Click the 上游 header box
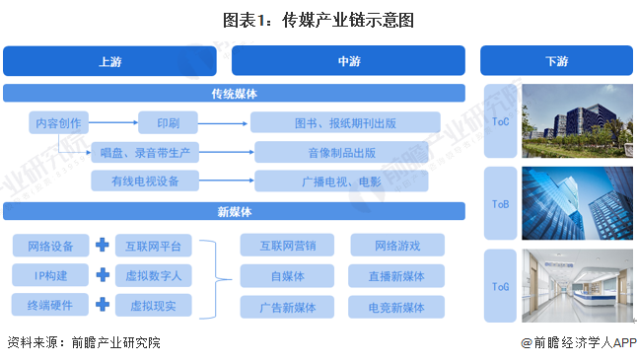(110, 61)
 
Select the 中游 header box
(348, 61)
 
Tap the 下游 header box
(555, 61)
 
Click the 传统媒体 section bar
(234, 94)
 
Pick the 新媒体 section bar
(234, 211)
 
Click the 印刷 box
(166, 123)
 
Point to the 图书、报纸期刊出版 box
(345, 123)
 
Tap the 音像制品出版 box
(345, 152)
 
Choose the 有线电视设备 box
(146, 181)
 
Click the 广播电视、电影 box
(345, 181)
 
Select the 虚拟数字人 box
(154, 275)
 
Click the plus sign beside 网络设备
(101, 245)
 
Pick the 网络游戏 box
(396, 245)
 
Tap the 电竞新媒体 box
(396, 306)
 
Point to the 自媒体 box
(287, 275)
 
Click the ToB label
(500, 203)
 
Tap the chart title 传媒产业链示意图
(318, 18)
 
